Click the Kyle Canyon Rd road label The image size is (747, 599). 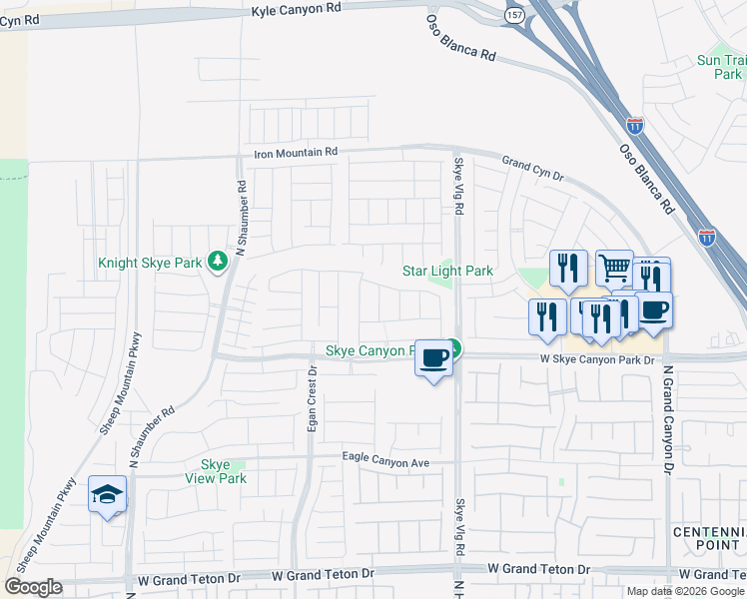coord(296,8)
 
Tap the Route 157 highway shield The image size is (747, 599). coord(513,16)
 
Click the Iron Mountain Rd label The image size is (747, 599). coord(297,153)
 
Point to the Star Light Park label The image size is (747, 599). coord(447,271)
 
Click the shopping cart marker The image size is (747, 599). coord(614,267)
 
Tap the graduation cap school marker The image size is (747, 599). coord(107,494)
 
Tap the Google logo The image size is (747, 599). coord(33,587)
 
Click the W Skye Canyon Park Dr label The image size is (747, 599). coord(596,359)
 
